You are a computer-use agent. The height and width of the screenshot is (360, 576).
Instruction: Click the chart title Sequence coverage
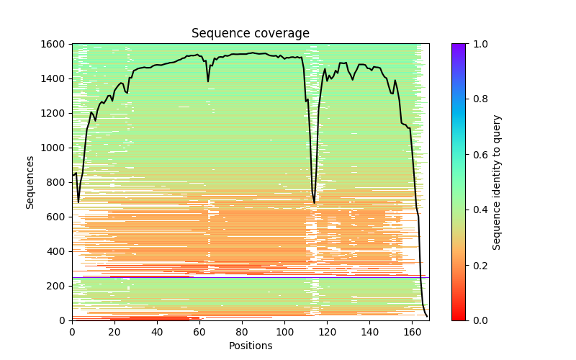[x=251, y=34]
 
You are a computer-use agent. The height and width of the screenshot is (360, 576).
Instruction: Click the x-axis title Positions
[x=251, y=346]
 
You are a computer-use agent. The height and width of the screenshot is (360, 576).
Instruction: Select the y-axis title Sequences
[x=30, y=182]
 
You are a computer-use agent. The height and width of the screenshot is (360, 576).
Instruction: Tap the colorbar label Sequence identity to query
[x=497, y=182]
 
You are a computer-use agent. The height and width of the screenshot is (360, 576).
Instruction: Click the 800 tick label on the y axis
[x=58, y=182]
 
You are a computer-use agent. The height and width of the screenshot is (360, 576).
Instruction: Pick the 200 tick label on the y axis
[x=58, y=286]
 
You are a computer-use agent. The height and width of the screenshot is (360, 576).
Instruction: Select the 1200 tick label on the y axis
[x=56, y=113]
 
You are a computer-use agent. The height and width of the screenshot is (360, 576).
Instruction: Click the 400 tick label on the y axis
[x=58, y=251]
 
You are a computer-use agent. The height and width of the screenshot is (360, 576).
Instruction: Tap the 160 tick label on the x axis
[x=413, y=332]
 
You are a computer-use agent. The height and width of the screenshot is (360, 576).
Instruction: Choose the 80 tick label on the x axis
[x=242, y=332]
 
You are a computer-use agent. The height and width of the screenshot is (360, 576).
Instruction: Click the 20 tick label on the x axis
[x=114, y=332]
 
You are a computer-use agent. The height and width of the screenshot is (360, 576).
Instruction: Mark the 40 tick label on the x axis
[x=157, y=332]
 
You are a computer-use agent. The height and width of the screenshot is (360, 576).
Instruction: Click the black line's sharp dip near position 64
[x=208, y=81]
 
